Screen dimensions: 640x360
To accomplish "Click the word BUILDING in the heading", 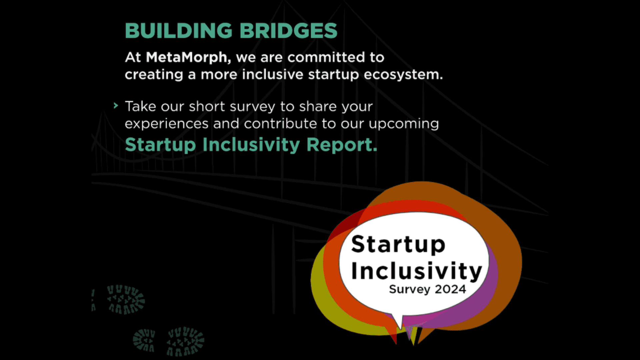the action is tap(179, 31).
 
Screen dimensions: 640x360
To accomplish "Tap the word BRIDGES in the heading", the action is tap(289, 31).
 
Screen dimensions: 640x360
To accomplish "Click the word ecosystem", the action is tap(403, 75).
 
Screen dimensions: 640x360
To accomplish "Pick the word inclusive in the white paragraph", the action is tap(273, 74).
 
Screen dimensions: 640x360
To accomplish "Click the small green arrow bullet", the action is tap(116, 106).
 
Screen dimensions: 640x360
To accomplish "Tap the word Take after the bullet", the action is tap(140, 107).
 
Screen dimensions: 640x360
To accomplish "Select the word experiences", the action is tap(167, 124).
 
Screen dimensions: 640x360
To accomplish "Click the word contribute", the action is tap(280, 124).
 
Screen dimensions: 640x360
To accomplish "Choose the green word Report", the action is tap(342, 145).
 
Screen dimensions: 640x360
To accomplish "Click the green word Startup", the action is tap(160, 145).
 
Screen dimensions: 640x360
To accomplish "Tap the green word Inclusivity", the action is tap(251, 145).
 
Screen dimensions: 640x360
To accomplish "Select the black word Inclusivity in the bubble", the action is tap(417, 271).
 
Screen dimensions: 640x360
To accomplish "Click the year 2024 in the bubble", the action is tap(450, 289).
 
